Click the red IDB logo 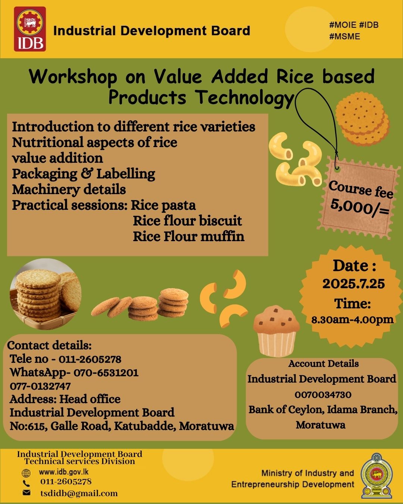[30, 29]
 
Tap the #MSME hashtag [344, 37]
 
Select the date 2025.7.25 [353, 284]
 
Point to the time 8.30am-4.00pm [352, 320]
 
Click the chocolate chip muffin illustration [276, 330]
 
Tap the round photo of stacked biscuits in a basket [45, 294]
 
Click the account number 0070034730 [323, 395]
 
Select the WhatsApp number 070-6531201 [106, 373]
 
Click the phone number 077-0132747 [40, 386]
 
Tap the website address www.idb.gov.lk [64, 472]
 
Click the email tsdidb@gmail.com [79, 494]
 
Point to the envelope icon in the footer [26, 493]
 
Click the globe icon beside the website [26, 473]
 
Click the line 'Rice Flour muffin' [188, 236]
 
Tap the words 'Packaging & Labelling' [84, 174]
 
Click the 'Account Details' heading [324, 364]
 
